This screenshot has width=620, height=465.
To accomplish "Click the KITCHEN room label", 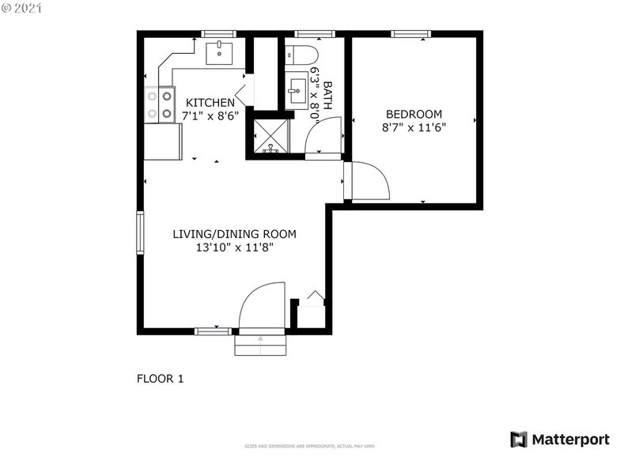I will pyautogui.click(x=210, y=103).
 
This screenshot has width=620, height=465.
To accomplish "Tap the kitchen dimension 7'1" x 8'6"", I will pyautogui.click(x=210, y=115).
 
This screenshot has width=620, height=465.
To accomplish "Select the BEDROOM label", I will pyautogui.click(x=414, y=114).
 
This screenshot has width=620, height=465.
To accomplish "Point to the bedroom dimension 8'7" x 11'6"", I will pyautogui.click(x=414, y=127).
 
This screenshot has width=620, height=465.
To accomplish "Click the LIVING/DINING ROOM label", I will pyautogui.click(x=235, y=234).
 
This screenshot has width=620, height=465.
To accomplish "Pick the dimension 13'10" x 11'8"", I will pyautogui.click(x=235, y=247).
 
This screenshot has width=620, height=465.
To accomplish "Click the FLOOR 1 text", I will pyautogui.click(x=160, y=379).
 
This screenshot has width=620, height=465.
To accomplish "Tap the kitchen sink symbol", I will pyautogui.click(x=219, y=53).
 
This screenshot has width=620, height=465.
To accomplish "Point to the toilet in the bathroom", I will pyautogui.click(x=301, y=55).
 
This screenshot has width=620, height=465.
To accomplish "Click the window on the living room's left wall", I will pyautogui.click(x=141, y=232).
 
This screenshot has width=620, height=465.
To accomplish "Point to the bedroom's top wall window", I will pyautogui.click(x=411, y=34).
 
